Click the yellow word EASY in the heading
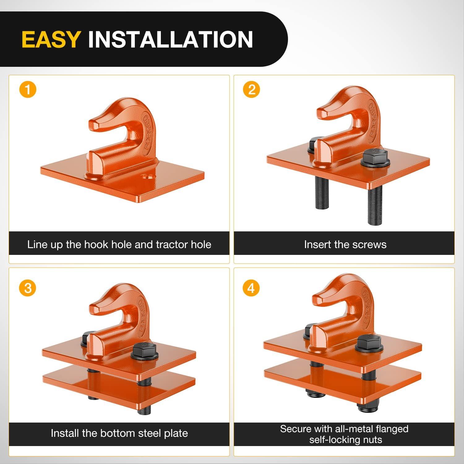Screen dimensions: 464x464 tap(51, 39)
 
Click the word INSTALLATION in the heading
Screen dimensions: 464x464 tap(170, 39)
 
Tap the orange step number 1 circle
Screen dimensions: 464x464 tap(28, 90)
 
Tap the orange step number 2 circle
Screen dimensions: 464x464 tap(251, 90)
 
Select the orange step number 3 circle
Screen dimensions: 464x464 tap(28, 288)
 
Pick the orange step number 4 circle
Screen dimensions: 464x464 tap(251, 288)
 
